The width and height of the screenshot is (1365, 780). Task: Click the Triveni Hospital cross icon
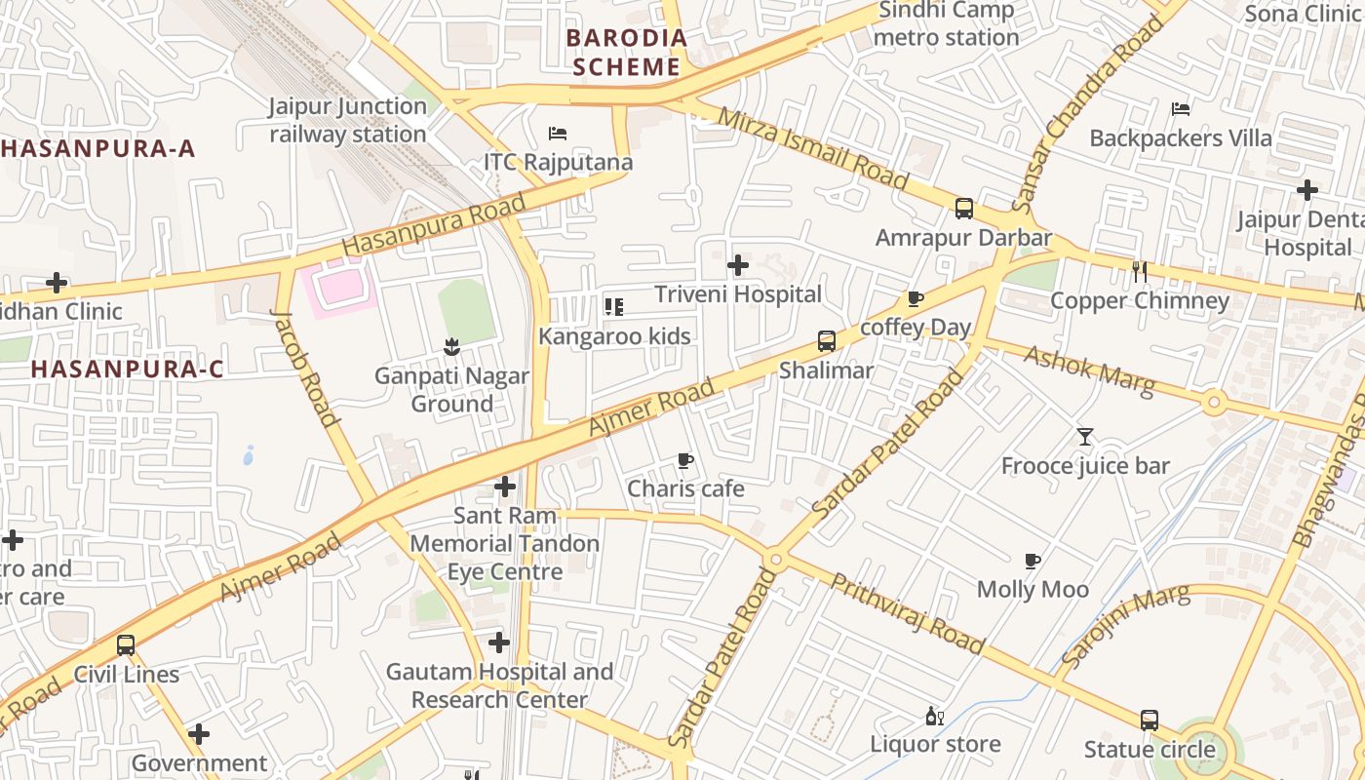[738, 264]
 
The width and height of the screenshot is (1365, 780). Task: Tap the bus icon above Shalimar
[827, 341]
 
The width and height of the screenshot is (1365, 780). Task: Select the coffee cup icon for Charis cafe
[685, 460]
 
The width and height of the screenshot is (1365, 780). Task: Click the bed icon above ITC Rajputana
[558, 133]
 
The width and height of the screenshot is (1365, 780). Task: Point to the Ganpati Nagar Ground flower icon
[450, 346]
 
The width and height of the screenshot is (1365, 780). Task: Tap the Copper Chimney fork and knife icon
[1139, 271]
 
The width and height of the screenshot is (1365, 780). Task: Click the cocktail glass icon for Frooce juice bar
[1085, 437]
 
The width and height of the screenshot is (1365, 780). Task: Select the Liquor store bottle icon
[934, 716]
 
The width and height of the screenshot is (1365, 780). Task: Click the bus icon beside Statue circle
[1150, 721]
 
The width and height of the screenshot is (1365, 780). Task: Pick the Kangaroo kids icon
[614, 307]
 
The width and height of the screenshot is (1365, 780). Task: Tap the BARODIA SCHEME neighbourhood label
[627, 53]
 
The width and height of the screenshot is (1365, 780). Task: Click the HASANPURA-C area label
[127, 370]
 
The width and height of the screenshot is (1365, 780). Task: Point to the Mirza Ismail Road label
[812, 149]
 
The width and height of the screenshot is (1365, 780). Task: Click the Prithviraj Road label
[907, 613]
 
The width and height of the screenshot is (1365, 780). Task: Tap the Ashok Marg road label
[1088, 370]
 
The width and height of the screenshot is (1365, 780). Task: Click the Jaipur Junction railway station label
[348, 120]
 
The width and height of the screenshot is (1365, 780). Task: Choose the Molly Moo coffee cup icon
[1033, 561]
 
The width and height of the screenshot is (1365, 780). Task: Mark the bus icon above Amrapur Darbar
[964, 208]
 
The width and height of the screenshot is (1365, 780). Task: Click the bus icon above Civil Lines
[126, 644]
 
